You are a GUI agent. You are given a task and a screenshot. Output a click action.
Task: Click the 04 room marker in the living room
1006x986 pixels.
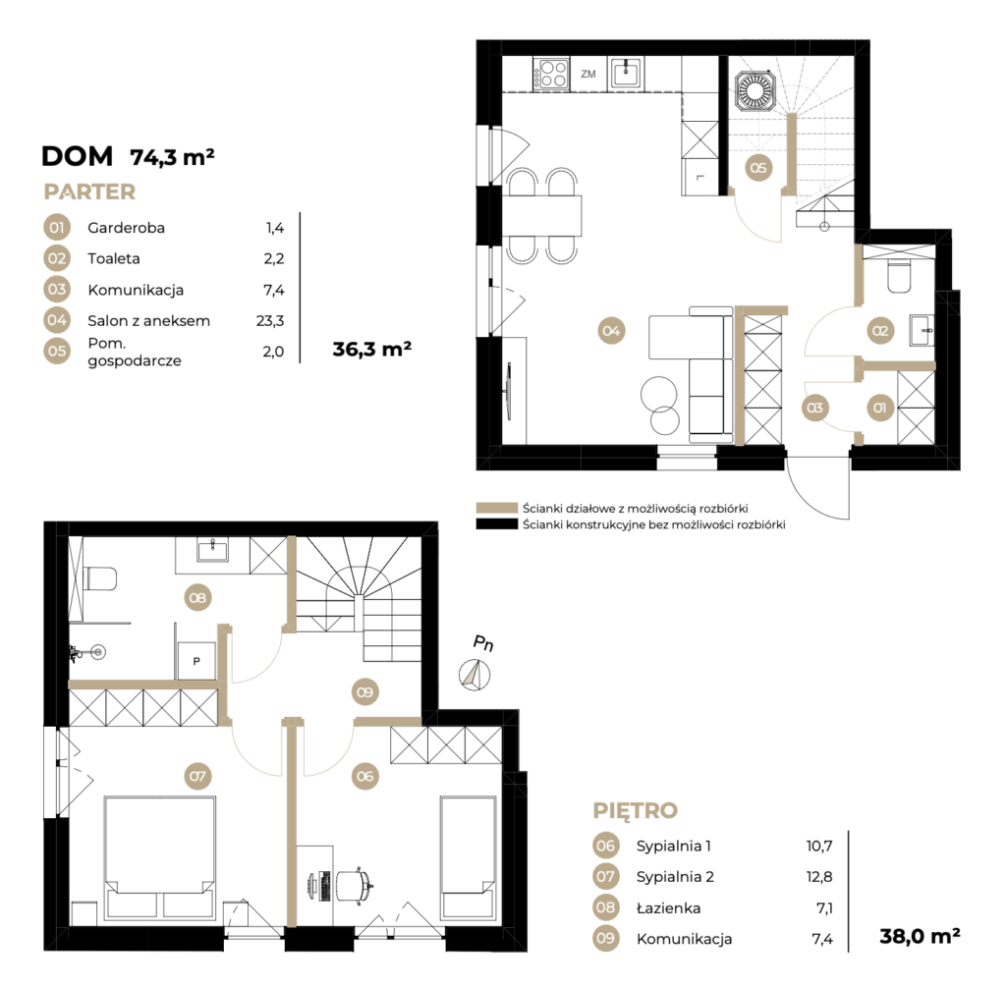coord(611,331)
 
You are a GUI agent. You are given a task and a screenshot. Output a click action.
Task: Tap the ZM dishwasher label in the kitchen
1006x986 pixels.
coord(588,74)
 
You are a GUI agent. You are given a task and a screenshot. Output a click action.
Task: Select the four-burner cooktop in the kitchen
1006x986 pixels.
coord(552,74)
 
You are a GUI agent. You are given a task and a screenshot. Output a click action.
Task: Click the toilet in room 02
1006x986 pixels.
coord(899,277)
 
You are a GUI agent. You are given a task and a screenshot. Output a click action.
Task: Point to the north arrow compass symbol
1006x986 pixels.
coord(475,675)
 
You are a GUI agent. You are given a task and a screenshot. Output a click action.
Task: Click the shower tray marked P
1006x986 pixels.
coord(196,660)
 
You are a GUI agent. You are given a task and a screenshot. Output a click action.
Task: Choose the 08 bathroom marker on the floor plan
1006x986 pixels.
coord(197,598)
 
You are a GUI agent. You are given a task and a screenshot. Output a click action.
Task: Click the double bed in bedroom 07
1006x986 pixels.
coord(160,859)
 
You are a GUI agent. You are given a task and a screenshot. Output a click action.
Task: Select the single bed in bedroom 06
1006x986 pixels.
coord(469,858)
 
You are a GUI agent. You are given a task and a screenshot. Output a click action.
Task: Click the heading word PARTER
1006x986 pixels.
coord(89,192)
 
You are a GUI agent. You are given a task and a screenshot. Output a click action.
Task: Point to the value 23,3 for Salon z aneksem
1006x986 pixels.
coord(270,321)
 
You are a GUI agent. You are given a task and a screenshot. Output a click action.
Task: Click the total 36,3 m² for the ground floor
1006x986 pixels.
coord(372,349)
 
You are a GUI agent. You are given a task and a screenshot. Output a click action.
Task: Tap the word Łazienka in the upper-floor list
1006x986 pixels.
coord(668,907)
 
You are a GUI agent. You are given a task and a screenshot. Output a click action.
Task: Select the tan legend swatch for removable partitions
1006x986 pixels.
coord(496,508)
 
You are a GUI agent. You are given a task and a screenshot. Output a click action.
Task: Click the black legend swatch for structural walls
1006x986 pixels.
coord(496,524)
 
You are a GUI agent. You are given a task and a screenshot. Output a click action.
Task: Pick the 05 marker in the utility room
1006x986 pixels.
coord(758,168)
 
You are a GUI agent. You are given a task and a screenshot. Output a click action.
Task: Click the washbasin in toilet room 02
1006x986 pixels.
coord(922,330)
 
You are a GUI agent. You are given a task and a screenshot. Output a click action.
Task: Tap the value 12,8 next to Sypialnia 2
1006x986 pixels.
coord(819,877)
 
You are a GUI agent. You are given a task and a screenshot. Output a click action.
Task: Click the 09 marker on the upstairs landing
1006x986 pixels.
coord(365,692)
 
